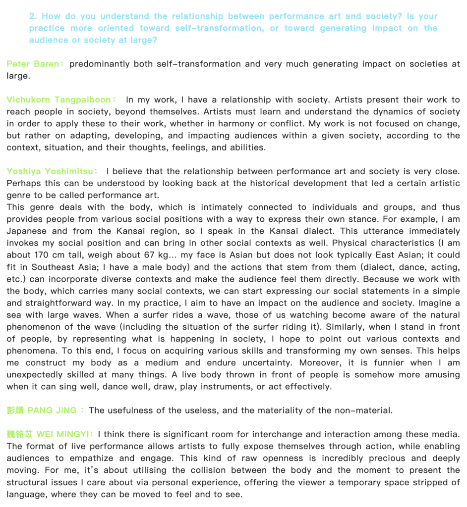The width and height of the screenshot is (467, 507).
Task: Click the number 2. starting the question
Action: (x=33, y=16)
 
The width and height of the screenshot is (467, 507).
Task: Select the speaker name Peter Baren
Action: (x=32, y=64)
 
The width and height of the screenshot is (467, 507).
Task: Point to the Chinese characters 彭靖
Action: (x=15, y=410)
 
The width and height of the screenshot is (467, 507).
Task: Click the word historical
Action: (x=249, y=183)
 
